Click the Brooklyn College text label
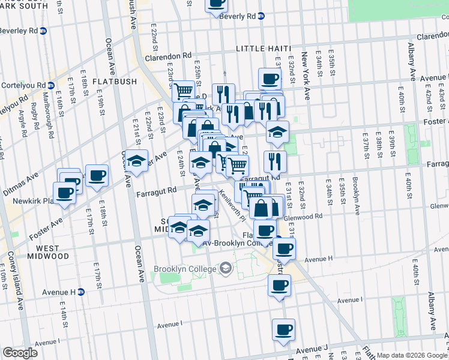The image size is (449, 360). [185, 269]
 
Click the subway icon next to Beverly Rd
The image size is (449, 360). [261, 16]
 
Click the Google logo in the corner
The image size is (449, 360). [20, 353]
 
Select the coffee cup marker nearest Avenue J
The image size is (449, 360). [283, 329]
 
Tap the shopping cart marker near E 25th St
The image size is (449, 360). [182, 91]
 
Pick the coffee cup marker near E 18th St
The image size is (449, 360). [97, 175]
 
